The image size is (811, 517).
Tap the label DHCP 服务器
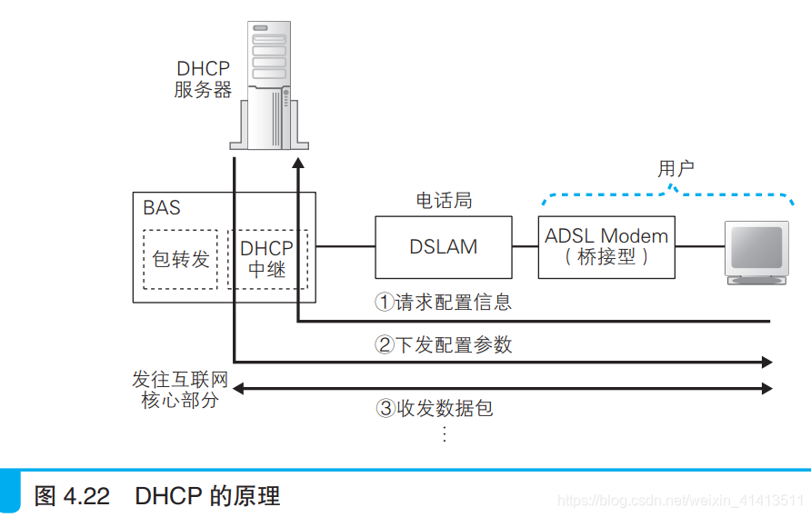203,79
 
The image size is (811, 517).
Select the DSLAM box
443,246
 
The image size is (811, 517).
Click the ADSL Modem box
606,246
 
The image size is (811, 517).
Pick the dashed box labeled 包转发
180,259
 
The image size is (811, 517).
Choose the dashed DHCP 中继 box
267,259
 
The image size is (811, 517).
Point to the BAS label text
162,208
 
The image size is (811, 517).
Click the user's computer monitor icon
756,251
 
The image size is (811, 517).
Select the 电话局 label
443,200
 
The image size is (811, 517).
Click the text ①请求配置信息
443,302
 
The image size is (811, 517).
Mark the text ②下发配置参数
443,344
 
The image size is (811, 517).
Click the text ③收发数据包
434,408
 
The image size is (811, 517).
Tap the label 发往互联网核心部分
178,389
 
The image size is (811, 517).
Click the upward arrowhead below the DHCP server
298,164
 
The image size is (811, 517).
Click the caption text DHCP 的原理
207,496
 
